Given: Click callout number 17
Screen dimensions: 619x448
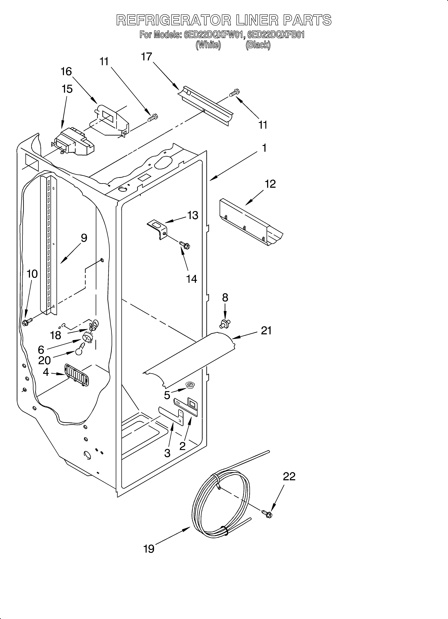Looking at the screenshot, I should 147,57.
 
